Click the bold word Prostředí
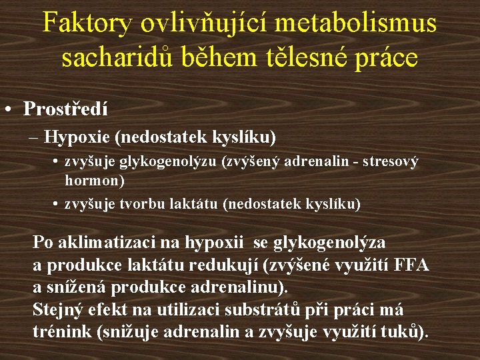pos(65,109)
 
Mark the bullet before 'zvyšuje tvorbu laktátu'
pos(56,203)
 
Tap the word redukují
pos(226,265)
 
